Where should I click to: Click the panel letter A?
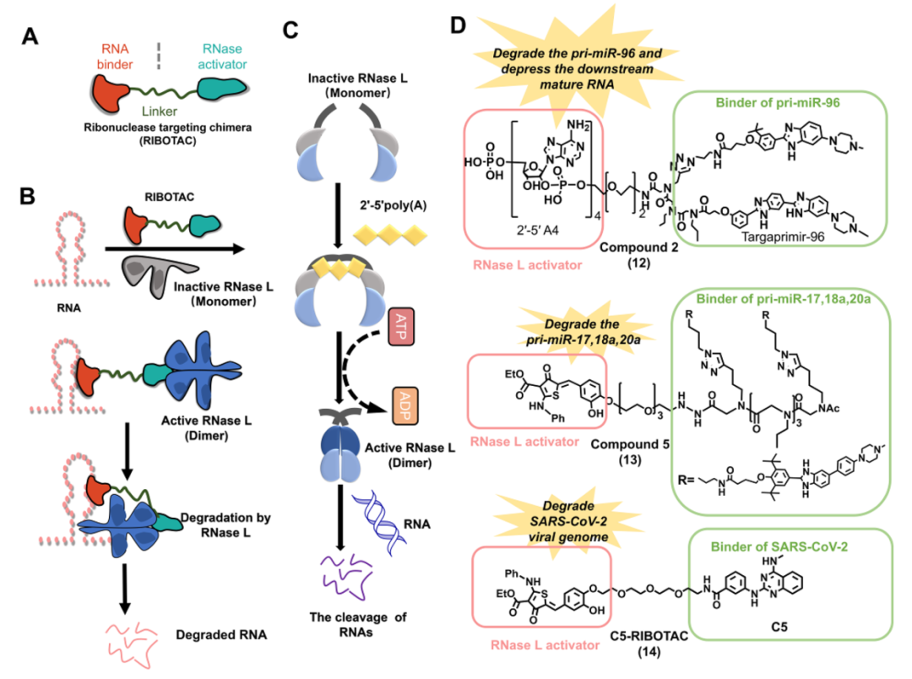[x=30, y=36]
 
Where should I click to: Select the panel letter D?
[x=459, y=25]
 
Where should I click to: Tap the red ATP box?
[x=401, y=327]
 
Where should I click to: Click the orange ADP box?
[x=405, y=406]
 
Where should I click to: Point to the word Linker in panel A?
[x=160, y=111]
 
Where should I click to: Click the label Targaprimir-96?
[x=783, y=236]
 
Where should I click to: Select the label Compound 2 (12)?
[x=638, y=255]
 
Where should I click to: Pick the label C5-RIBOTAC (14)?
[x=649, y=644]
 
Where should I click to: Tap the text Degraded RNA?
[x=221, y=635]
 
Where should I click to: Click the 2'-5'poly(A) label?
[x=393, y=205]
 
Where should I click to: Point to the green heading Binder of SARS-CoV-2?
[x=779, y=547]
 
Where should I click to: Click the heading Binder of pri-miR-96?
[x=778, y=103]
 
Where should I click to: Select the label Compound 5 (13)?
[x=630, y=452]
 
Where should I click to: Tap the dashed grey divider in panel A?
[x=159, y=56]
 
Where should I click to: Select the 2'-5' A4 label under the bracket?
[x=537, y=231]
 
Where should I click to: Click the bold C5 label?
[x=779, y=627]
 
